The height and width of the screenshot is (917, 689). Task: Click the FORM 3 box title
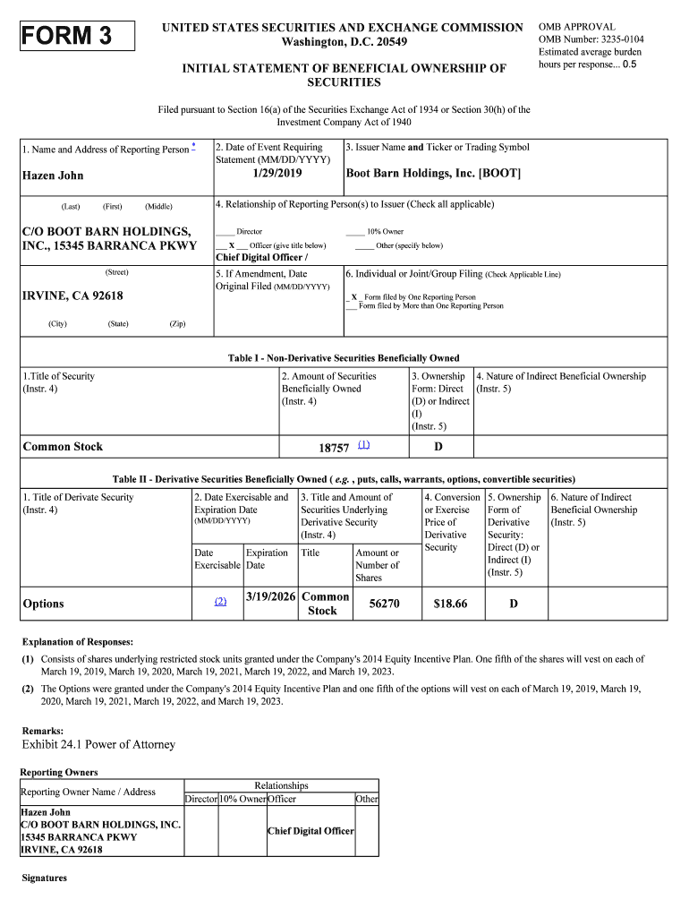point(68,37)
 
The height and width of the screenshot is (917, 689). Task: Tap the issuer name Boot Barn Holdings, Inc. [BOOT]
point(433,173)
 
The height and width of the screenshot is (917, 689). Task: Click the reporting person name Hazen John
point(53,176)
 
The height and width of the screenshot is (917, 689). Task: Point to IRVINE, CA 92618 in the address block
point(72,296)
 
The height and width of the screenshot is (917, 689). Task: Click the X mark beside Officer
point(232,245)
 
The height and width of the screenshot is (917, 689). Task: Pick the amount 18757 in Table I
point(334,448)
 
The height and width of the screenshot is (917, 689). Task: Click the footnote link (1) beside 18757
point(363,445)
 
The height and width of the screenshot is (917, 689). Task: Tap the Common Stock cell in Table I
point(63,447)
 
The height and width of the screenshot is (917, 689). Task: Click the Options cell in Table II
point(43,604)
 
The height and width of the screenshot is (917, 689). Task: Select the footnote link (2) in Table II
point(220,602)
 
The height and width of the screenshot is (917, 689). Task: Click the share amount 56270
point(384,604)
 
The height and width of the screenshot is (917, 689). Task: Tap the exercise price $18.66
point(450,604)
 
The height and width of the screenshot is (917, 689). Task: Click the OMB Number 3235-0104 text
point(591,39)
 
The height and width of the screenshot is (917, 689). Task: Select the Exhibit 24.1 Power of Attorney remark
point(98,744)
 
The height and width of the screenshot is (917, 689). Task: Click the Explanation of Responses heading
point(78,642)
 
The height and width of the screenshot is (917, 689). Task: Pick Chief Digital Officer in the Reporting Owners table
point(310,831)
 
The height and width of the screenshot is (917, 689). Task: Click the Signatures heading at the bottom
point(45,878)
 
